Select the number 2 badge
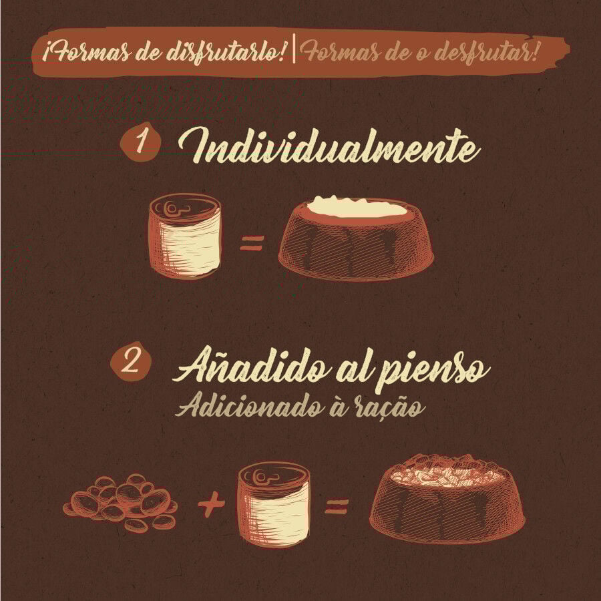131,362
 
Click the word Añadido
252,367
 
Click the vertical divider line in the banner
294,48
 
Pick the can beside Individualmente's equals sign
185,236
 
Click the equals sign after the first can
252,243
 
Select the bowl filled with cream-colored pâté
356,238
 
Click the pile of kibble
121,502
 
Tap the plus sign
211,504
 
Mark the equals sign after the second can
337,507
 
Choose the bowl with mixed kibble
447,498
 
